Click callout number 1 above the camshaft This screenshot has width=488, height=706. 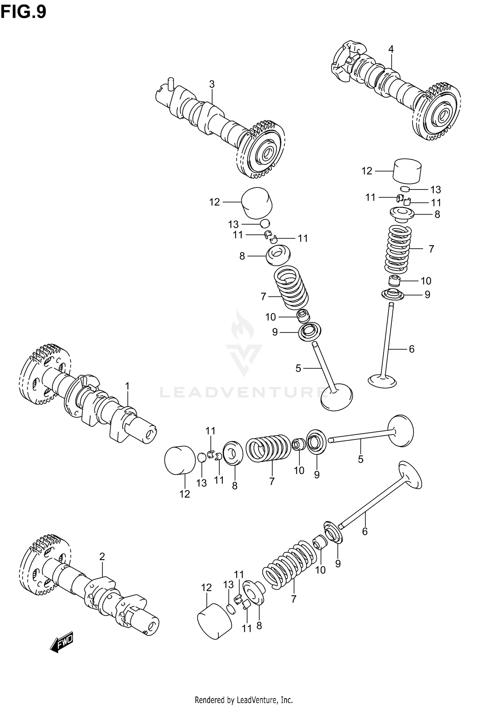tap(127, 386)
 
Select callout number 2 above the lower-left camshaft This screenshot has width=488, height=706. tap(102, 556)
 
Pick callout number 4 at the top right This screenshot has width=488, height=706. tap(391, 49)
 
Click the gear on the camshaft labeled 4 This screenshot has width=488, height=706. tap(438, 112)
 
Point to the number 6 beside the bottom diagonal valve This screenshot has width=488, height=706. tap(365, 531)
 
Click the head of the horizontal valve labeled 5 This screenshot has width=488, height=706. tap(401, 431)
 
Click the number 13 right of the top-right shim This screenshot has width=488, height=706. tap(436, 190)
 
